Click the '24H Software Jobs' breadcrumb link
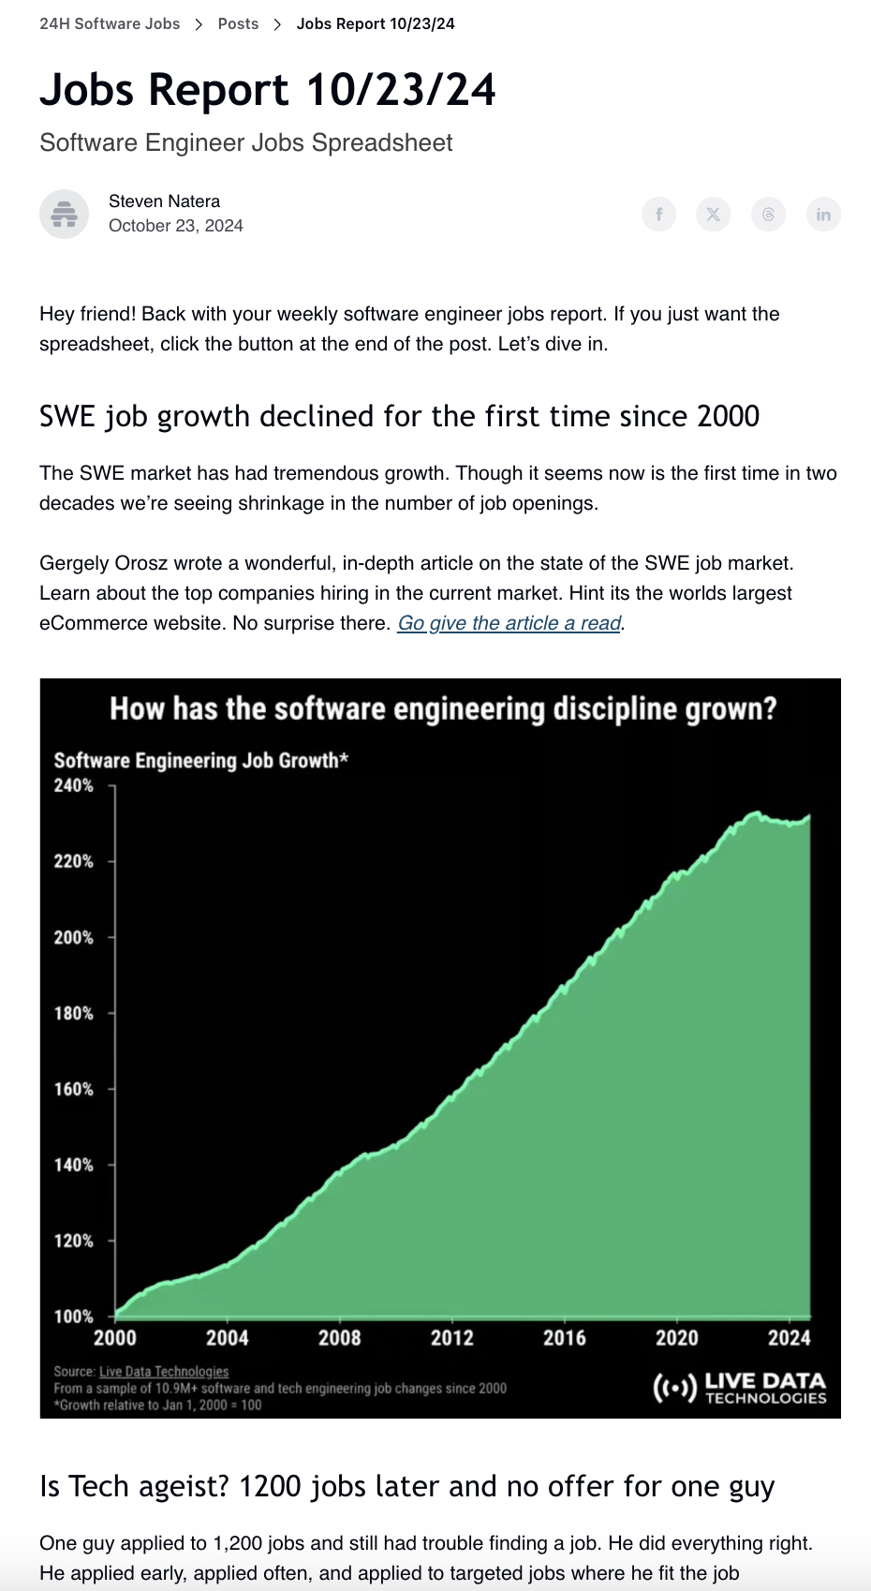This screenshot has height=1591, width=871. (110, 23)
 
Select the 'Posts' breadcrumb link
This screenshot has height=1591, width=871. (238, 23)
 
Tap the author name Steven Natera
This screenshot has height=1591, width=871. (164, 201)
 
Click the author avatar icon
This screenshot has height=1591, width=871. (64, 214)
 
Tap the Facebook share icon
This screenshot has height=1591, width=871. (658, 215)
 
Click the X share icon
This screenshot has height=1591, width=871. (713, 215)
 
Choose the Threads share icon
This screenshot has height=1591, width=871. (768, 215)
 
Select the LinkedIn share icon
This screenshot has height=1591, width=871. (823, 215)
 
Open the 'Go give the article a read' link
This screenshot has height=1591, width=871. (509, 623)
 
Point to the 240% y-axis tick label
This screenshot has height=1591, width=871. (74, 785)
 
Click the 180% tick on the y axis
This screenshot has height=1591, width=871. (74, 1013)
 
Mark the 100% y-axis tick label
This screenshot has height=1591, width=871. (74, 1316)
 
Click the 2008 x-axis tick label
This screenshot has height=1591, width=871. (339, 1338)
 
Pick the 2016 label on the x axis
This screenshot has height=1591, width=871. (564, 1338)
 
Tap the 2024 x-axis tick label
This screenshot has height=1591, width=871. (789, 1338)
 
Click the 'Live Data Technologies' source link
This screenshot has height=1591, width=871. (164, 1372)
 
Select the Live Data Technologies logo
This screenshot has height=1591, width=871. (740, 1388)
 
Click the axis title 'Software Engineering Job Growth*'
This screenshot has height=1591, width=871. (200, 760)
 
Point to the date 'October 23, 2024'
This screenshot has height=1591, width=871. (176, 226)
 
